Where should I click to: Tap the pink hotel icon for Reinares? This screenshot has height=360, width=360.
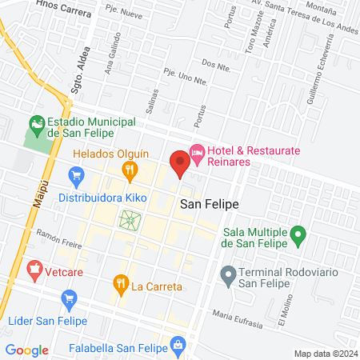(197, 151)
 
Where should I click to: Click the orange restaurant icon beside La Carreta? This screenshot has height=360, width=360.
(121, 282)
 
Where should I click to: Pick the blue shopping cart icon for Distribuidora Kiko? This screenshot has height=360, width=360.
(77, 174)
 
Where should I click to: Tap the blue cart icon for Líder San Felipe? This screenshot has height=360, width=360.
(68, 298)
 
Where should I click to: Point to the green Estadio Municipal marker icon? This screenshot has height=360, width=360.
(35, 124)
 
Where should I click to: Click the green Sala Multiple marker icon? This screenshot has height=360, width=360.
(298, 236)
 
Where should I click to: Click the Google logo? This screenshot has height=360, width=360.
(26, 350)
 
